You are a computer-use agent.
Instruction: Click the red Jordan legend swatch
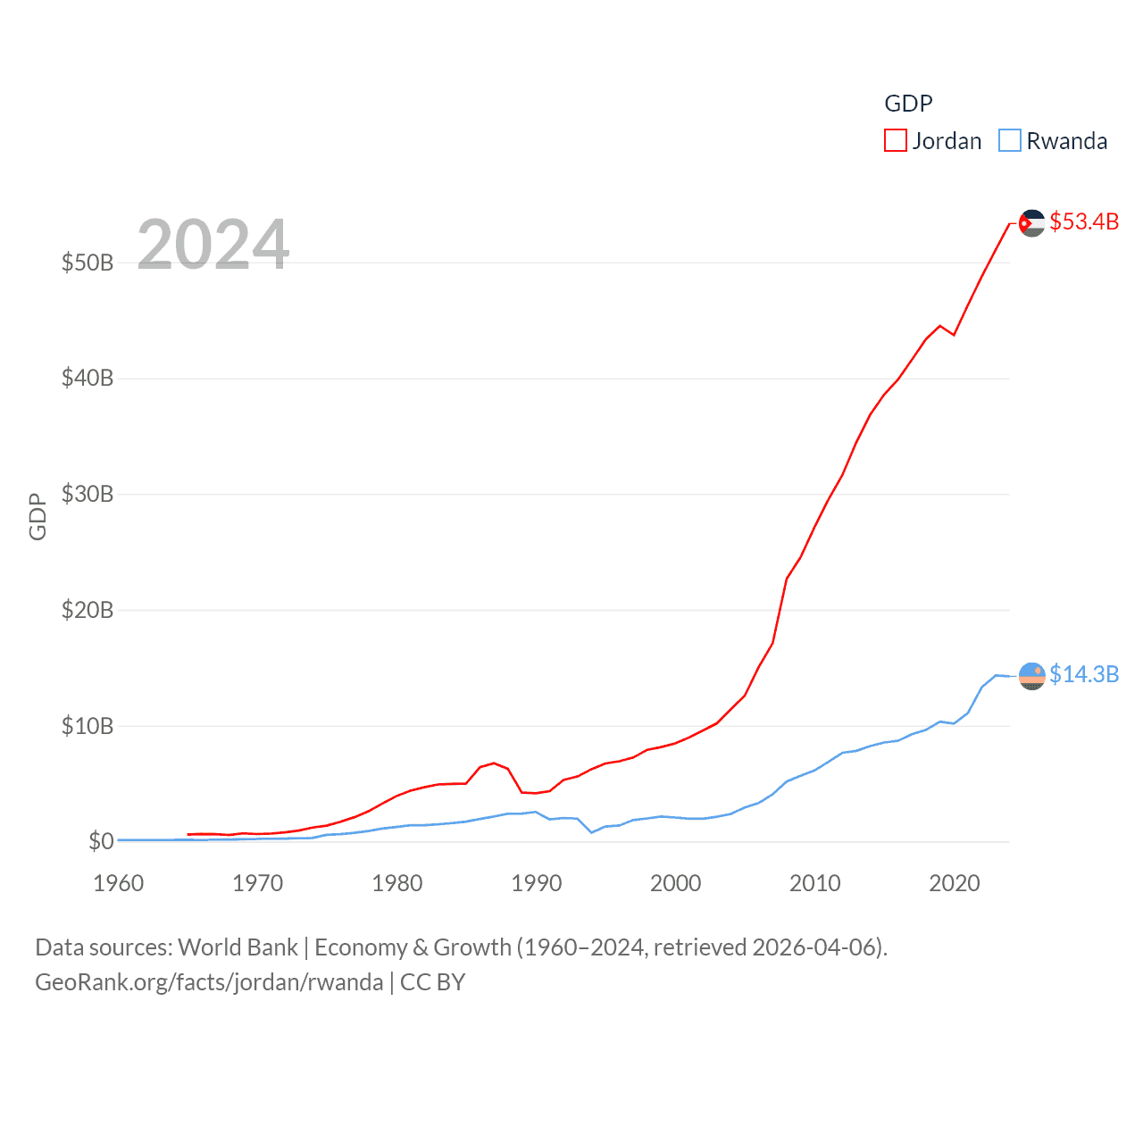coord(895,141)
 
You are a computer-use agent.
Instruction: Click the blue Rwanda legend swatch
coord(1009,141)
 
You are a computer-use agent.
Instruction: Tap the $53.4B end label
coord(1084,221)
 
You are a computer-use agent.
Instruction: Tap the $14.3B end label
coord(1084,674)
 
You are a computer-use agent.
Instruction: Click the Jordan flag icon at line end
coord(1031,223)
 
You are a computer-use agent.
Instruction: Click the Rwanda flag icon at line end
coord(1031,676)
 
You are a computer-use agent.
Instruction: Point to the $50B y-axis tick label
coord(88,263)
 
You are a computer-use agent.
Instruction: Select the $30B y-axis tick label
coord(88,494)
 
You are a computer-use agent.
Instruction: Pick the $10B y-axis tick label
coord(88,726)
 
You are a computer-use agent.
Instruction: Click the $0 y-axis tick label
coord(101,841)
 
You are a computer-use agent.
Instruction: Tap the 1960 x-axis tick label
coord(118,883)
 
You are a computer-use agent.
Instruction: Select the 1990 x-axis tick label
coord(536,883)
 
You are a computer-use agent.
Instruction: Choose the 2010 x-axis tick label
coord(814,883)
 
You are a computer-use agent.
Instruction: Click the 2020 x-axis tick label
coord(954,883)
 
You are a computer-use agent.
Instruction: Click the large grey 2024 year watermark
coord(213,244)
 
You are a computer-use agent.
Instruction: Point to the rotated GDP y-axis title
coord(38,516)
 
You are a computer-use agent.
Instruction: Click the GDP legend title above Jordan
coord(908,104)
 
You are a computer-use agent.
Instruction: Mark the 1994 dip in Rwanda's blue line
coord(591,832)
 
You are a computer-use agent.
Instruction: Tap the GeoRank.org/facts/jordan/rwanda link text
coord(209,982)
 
